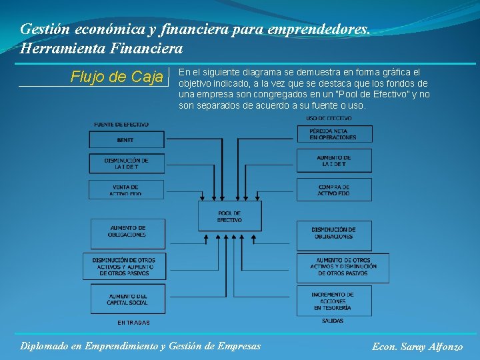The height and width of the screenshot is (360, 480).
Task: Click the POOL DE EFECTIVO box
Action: coord(229,216)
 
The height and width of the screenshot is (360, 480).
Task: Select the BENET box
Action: coord(125,139)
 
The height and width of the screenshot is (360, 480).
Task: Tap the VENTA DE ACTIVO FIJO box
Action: coord(125,189)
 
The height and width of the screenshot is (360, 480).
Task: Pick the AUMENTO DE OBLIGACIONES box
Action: coord(127,232)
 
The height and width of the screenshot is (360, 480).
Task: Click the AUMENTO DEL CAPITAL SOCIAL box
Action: coord(127,299)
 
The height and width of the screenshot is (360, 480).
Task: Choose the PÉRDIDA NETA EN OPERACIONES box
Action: coord(333,133)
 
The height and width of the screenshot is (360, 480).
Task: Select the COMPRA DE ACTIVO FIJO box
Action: coord(333,189)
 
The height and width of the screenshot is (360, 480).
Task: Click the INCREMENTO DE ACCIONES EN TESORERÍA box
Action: coord(333,301)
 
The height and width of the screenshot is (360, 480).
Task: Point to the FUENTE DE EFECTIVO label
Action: coord(121,125)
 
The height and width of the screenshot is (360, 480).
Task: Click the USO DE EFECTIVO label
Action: coord(329,119)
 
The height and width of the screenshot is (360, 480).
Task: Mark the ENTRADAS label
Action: coord(133,323)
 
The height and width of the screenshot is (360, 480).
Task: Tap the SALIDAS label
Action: coord(332,321)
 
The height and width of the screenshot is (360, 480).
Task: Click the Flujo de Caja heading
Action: coord(117,77)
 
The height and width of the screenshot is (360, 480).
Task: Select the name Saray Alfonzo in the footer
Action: coord(435,347)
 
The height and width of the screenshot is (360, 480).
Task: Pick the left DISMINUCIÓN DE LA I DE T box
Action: coord(127,163)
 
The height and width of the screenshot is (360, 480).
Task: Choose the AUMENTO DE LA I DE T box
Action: coord(333,160)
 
